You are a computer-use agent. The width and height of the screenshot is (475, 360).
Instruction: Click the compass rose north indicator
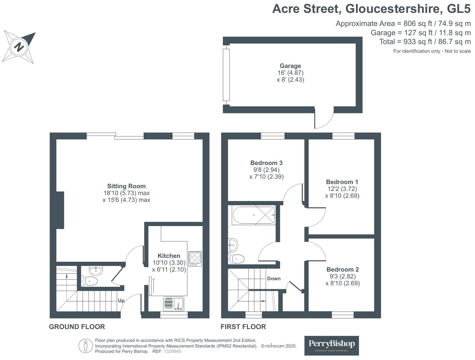pos(19,47)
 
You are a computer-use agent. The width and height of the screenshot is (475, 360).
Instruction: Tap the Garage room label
pos(290,66)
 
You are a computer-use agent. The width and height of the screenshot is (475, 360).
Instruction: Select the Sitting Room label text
pos(126,186)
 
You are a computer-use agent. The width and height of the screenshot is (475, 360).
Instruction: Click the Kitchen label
pos(169,256)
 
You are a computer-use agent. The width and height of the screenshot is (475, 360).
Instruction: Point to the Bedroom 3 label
pos(266,163)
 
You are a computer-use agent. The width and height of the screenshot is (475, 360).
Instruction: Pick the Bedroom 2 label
pos(343,270)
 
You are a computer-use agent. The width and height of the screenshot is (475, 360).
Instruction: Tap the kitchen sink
pos(174,303)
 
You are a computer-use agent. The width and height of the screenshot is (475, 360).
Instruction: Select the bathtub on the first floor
pos(254,215)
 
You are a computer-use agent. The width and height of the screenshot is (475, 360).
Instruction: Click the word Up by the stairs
pos(121,301)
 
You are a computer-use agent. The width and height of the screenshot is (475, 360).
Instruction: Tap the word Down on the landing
pos(274,279)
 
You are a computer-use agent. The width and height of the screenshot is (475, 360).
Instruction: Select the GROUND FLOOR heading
pos(77,327)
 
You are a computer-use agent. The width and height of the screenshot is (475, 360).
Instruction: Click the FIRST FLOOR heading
pos(243,327)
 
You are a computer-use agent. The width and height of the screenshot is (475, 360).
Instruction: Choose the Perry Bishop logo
pos(331,345)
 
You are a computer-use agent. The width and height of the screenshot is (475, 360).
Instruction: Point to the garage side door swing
pos(324,118)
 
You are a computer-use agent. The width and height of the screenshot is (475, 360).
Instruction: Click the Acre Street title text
pos(371,9)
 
